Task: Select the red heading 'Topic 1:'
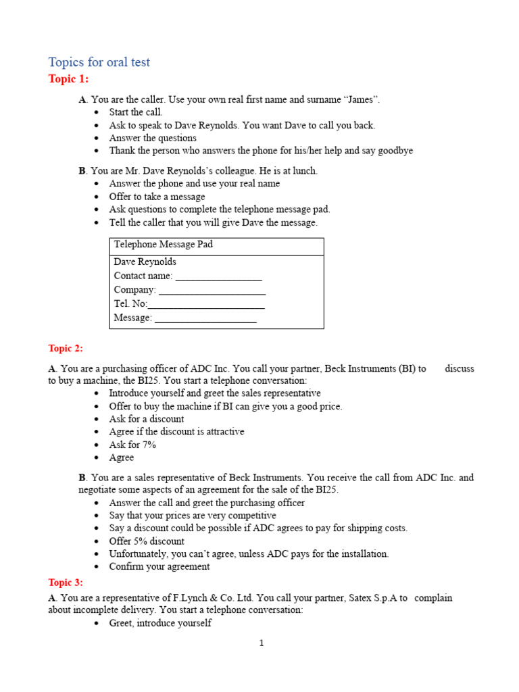point(68,79)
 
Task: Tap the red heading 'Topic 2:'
point(66,348)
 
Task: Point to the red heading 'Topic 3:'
point(66,582)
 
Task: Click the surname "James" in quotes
point(362,99)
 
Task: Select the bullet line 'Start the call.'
point(136,112)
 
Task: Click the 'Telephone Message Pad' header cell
point(164,245)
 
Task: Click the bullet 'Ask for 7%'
point(132,445)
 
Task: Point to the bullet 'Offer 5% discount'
point(147,541)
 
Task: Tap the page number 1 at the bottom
point(262,643)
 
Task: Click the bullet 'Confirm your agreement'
point(159,566)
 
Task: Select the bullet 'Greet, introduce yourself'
point(160,623)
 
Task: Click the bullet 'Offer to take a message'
point(157,197)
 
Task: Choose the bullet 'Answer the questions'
point(153,138)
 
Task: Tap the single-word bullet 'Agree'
point(122,458)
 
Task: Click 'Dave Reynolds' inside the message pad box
point(145,262)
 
